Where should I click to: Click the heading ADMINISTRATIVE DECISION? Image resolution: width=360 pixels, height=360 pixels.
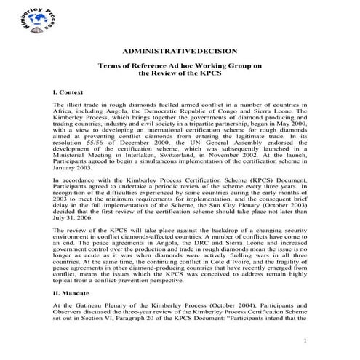tap(180, 52)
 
